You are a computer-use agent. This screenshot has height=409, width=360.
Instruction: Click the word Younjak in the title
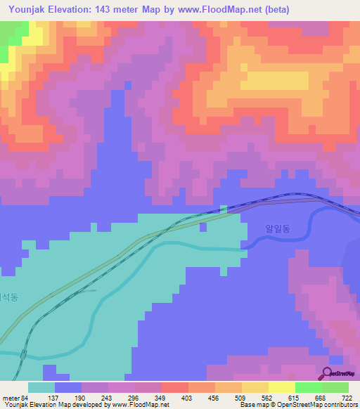32,10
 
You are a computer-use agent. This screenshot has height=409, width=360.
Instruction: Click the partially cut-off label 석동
8,297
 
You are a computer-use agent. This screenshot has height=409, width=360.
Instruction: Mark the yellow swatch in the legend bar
281,387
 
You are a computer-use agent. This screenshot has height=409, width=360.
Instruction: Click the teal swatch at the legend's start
41,387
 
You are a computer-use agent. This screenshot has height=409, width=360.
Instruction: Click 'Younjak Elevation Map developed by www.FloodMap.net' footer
85,405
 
